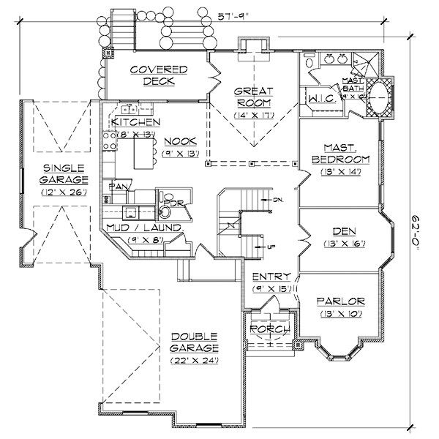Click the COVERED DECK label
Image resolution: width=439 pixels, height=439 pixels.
tap(159, 75)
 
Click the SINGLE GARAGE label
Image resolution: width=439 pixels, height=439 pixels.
tap(65, 173)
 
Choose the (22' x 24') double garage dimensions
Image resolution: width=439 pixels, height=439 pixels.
tap(195, 360)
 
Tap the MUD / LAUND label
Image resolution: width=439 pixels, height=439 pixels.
tap(143, 228)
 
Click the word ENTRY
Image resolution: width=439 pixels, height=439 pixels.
tap(271, 277)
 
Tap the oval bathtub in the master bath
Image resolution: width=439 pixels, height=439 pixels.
tap(380, 96)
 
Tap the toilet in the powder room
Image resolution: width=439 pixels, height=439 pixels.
tap(165, 211)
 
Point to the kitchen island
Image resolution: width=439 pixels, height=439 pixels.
tap(142, 153)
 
